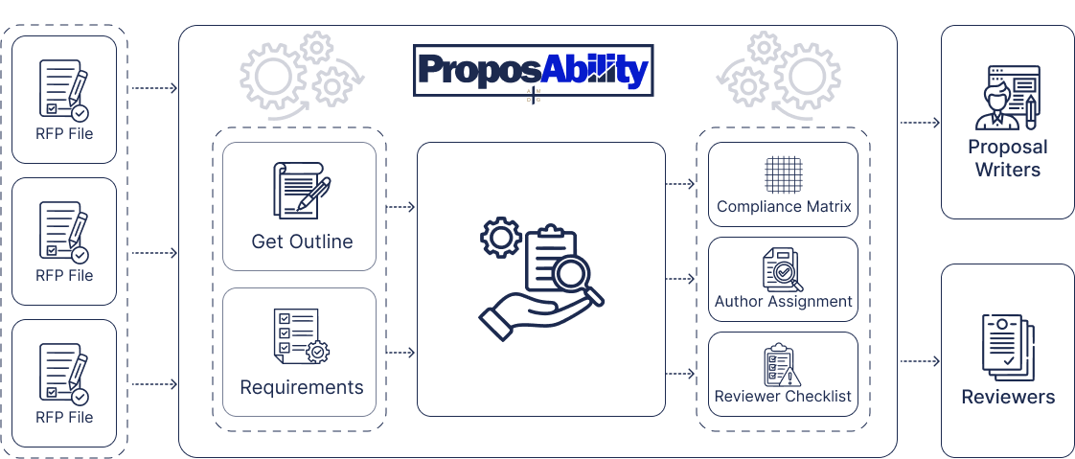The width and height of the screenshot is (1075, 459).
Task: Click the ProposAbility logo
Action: coord(534,70)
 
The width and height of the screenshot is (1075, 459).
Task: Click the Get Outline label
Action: coord(302,241)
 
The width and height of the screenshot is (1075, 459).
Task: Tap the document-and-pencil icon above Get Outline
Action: coord(301,188)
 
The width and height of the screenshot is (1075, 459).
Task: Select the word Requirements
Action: coord(302,388)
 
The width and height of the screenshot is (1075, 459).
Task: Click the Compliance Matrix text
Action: coord(784,206)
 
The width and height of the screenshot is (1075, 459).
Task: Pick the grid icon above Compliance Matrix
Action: coord(783,174)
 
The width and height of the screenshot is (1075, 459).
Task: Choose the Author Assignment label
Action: coord(784,301)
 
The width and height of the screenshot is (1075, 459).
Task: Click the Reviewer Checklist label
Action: coord(783,396)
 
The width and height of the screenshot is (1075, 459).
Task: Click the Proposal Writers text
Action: coord(1007,158)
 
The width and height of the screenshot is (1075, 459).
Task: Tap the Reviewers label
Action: coord(1008,397)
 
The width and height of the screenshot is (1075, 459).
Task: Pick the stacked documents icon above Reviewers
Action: coord(1006,344)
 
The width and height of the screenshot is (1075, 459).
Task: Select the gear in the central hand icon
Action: coord(500,238)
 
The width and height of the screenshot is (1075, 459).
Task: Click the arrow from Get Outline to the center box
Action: coord(400,206)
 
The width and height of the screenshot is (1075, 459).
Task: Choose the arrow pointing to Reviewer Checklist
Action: coord(680,373)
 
